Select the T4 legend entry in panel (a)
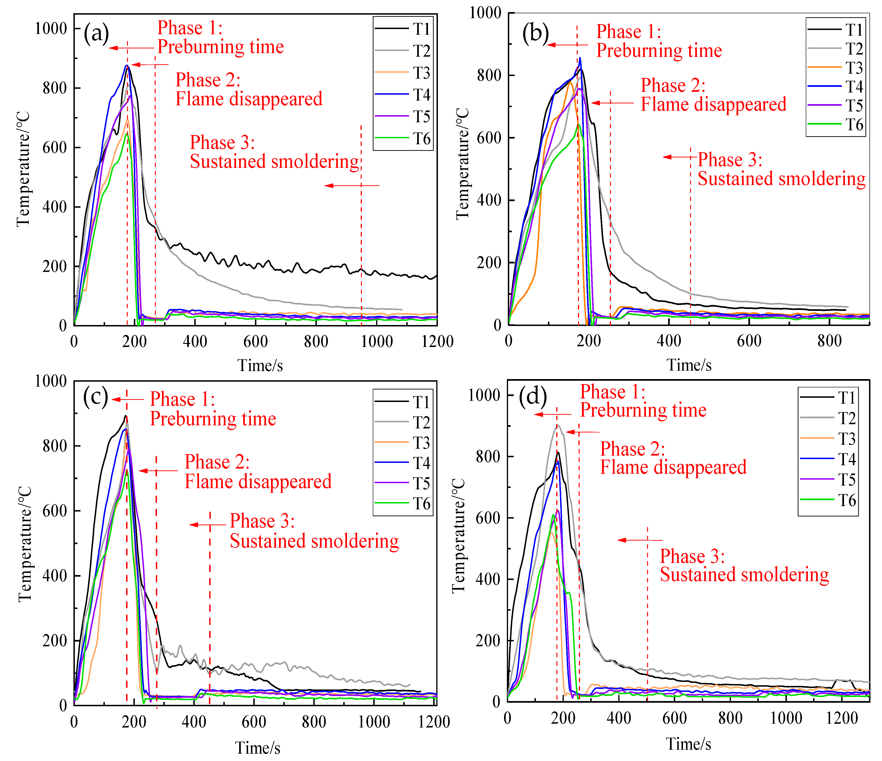point(421,95)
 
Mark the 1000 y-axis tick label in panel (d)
point(484,395)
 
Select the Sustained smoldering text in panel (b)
point(781,179)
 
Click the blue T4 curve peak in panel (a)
point(127,66)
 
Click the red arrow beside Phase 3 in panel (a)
point(352,186)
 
